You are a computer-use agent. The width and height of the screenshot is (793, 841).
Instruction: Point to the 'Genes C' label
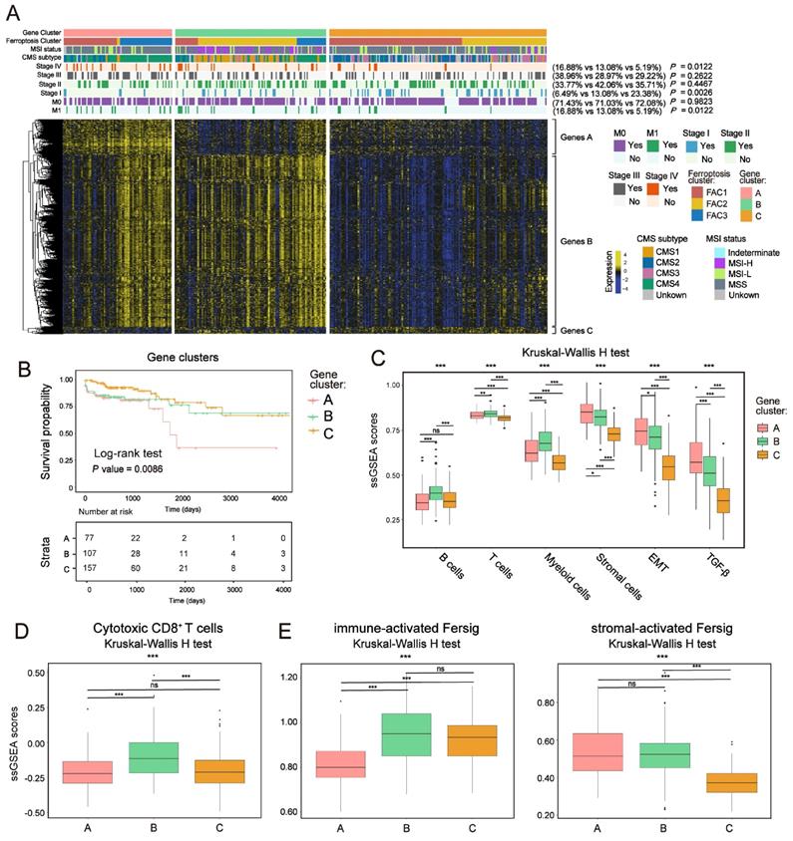577,329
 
